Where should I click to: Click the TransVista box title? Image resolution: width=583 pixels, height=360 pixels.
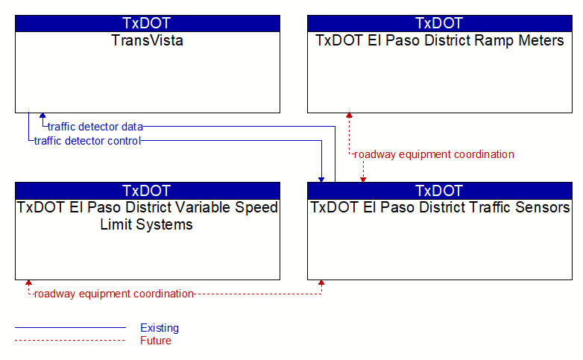(x=147, y=40)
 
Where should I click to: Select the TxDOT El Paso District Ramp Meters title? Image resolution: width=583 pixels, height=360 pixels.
(x=439, y=40)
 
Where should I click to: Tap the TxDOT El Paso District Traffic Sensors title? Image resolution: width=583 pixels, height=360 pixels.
(x=440, y=207)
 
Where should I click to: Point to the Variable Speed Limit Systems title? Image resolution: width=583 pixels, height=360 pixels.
(x=147, y=215)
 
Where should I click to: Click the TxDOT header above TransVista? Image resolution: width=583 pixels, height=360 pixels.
(x=146, y=23)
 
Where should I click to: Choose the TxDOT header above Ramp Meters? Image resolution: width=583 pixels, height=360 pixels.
(x=439, y=23)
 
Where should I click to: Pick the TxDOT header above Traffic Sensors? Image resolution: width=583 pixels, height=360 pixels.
(x=439, y=191)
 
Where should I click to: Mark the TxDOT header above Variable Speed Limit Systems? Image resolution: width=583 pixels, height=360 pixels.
(x=146, y=191)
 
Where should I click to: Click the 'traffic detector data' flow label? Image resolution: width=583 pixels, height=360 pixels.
(x=95, y=127)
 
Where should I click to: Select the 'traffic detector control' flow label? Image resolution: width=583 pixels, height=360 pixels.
(x=87, y=141)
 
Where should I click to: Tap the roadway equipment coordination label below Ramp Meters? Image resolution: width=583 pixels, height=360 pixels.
(x=434, y=154)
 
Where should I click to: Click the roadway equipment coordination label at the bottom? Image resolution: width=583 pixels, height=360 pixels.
(x=114, y=294)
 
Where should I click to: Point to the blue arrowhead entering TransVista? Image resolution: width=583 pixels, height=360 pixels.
(x=42, y=116)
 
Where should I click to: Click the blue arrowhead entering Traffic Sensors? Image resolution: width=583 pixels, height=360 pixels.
(x=321, y=180)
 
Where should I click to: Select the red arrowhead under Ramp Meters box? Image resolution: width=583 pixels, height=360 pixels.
(x=349, y=116)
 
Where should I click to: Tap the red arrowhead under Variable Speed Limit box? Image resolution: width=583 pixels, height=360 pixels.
(x=28, y=282)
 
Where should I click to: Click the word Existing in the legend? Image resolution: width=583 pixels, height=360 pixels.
(x=160, y=328)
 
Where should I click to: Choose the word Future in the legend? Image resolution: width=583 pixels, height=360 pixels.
(x=156, y=341)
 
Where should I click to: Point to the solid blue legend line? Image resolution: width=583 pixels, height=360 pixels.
(x=70, y=328)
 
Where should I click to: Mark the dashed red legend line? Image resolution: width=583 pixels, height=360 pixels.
(x=70, y=341)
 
